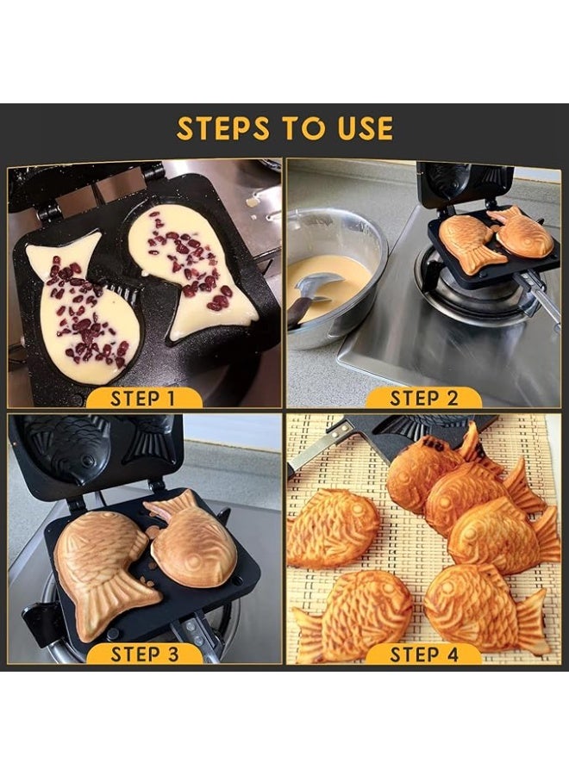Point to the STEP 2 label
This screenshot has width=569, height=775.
pos(423,398)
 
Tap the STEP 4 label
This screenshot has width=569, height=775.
pos(423,654)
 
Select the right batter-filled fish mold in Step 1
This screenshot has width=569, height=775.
pos(191,271)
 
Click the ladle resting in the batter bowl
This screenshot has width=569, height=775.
pos(312,293)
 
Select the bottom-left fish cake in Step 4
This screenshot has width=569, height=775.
pos(353,616)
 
